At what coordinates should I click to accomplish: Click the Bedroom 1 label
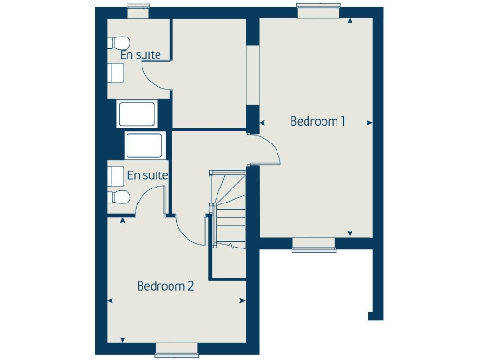click(318, 121)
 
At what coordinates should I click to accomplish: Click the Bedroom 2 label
click(165, 286)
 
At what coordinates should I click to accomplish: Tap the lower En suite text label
click(147, 175)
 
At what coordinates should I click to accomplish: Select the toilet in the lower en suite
click(117, 196)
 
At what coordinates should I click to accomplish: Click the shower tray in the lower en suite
click(144, 145)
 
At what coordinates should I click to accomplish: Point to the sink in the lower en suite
click(113, 174)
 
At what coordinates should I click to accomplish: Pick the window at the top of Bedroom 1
click(318, 10)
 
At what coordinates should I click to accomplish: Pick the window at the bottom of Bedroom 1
click(313, 245)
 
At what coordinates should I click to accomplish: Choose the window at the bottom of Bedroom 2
click(175, 350)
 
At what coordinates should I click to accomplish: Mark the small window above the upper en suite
click(139, 11)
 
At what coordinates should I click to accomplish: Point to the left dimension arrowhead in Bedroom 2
click(111, 301)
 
